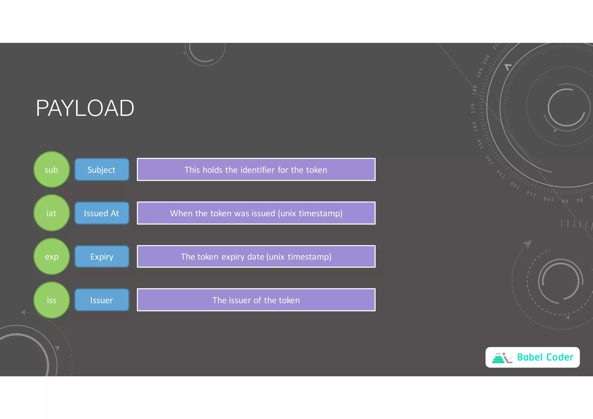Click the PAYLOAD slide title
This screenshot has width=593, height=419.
tap(85, 108)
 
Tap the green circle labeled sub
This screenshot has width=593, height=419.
tap(52, 170)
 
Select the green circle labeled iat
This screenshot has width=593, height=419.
tap(52, 213)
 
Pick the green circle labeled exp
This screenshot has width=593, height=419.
tap(52, 256)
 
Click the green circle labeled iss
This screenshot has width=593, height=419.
tap(52, 300)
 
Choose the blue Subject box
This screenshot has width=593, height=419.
tap(102, 170)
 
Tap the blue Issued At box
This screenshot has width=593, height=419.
tap(102, 213)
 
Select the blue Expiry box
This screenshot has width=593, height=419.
tap(102, 256)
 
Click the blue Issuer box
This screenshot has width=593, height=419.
tap(102, 300)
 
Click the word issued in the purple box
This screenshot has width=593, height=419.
tap(262, 213)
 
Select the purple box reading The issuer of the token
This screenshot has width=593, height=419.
tap(256, 300)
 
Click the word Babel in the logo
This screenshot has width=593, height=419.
tap(530, 357)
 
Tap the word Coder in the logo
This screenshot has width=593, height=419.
tap(560, 357)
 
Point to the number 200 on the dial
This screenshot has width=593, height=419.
tap(486, 59)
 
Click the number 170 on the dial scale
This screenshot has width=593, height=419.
tap(473, 108)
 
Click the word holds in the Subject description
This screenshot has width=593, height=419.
tap(213, 170)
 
